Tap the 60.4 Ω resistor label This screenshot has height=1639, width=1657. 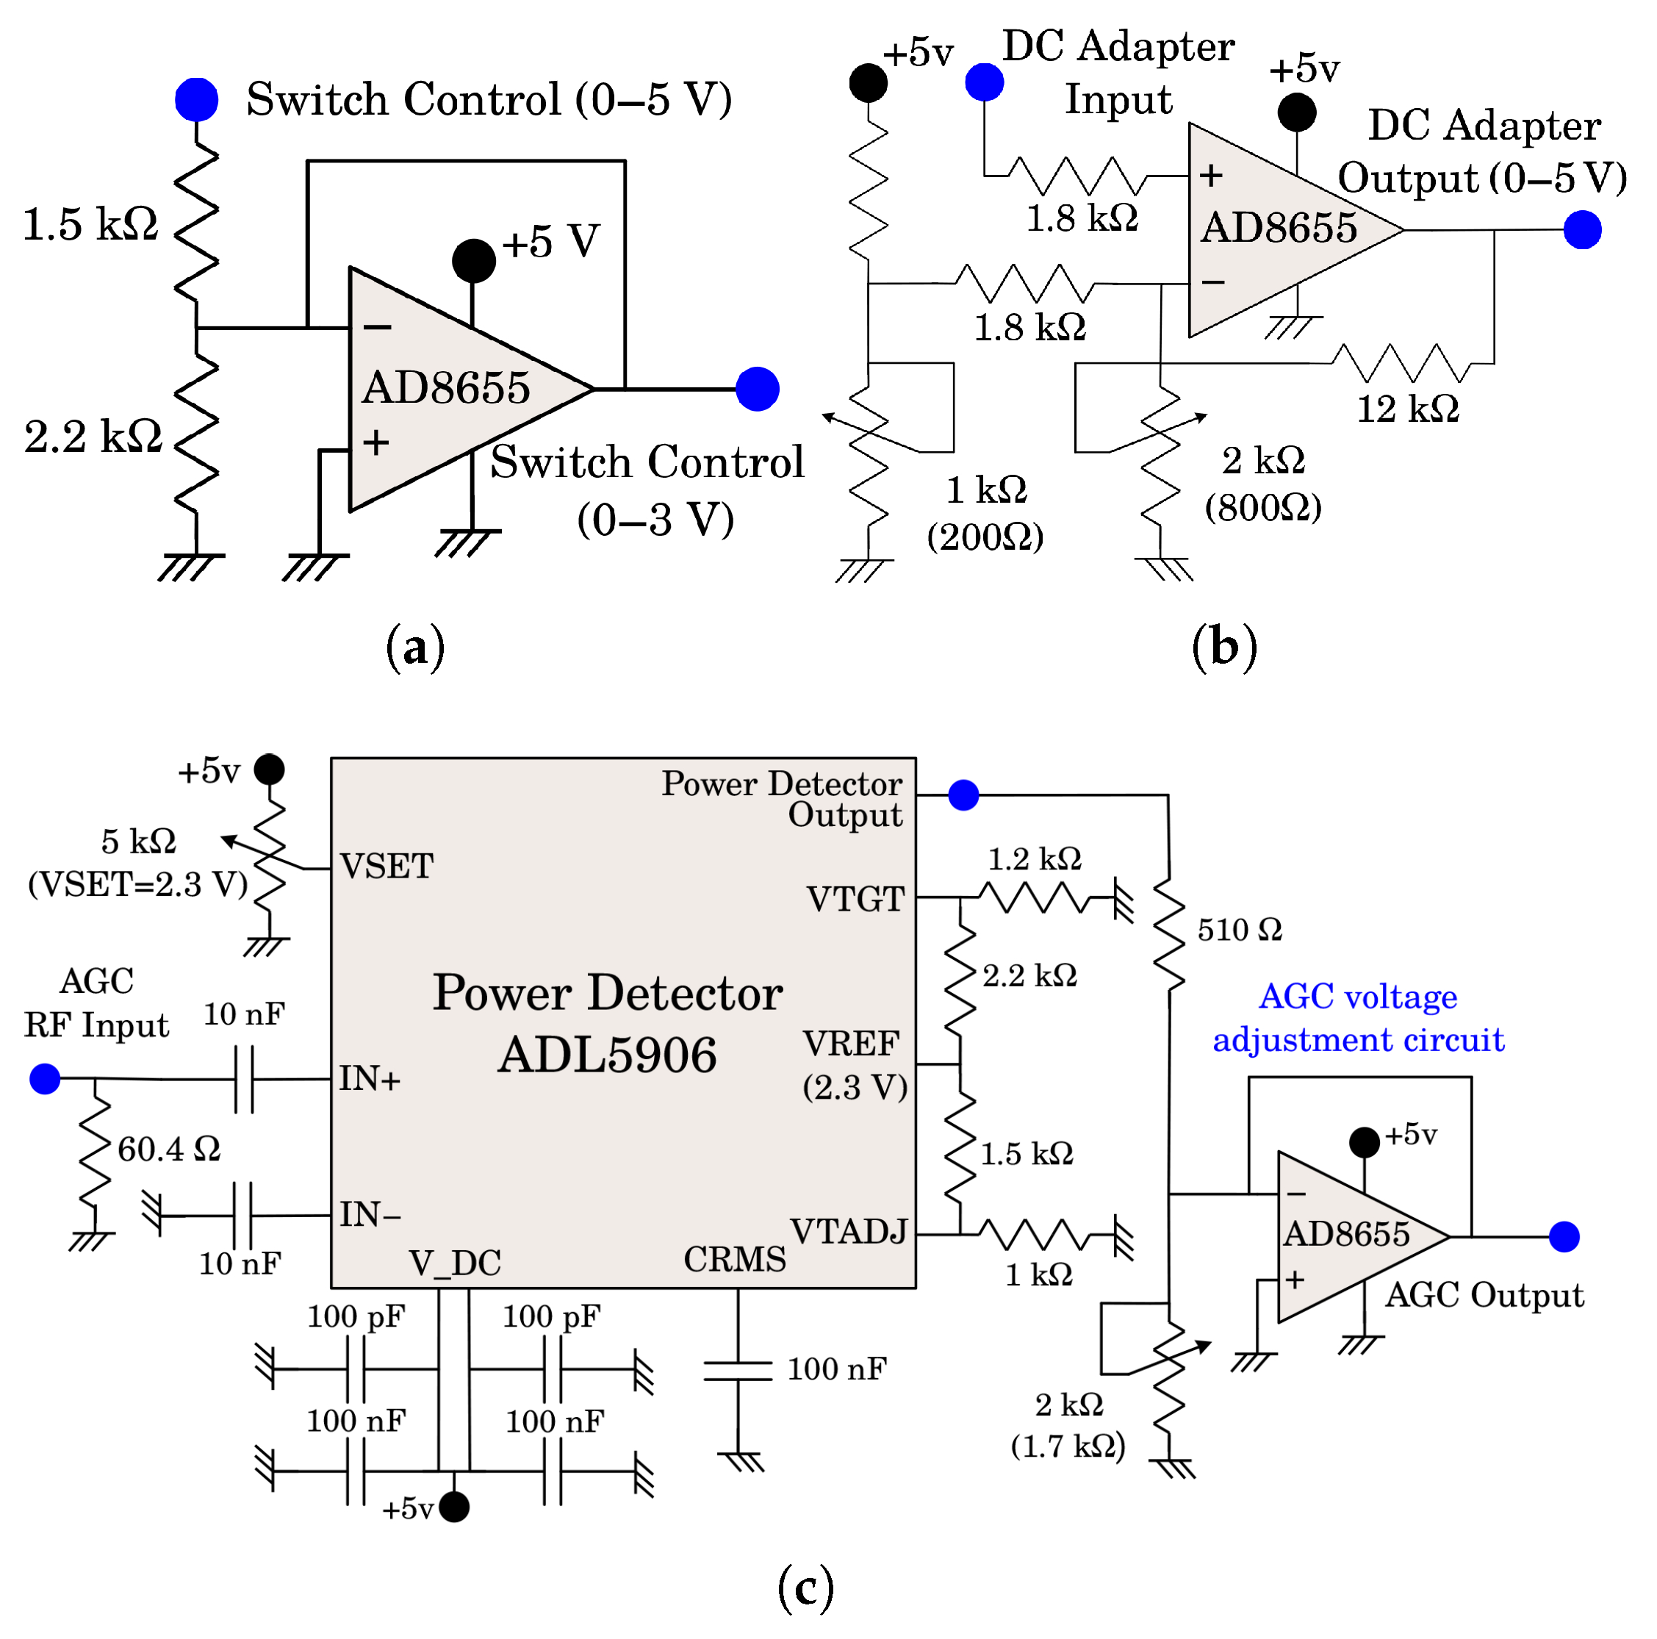coord(169,1149)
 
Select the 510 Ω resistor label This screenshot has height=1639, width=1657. coord(1240,929)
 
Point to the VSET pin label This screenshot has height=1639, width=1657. coord(387,867)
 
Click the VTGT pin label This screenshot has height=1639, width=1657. coord(855,899)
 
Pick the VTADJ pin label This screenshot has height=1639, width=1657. coord(848,1231)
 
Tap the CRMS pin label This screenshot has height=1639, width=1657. coord(734,1259)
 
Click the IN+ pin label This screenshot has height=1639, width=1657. coord(370,1078)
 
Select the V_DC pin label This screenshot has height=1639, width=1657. coord(455,1263)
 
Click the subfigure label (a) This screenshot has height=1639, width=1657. coord(415,648)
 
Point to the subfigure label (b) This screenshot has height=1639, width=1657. coord(1225,648)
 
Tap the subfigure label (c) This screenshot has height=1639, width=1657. coord(805,1588)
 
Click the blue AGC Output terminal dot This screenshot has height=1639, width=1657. coord(1564,1237)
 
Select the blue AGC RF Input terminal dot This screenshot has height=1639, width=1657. coord(45,1078)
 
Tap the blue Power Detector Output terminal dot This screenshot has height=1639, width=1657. coord(964,795)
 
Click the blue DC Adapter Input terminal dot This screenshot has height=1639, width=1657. coord(985,82)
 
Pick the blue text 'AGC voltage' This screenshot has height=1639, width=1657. coord(1358,997)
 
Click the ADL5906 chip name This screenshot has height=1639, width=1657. coord(607,1054)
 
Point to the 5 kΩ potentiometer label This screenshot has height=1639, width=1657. coord(138,842)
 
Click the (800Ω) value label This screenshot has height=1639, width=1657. coord(1263,508)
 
